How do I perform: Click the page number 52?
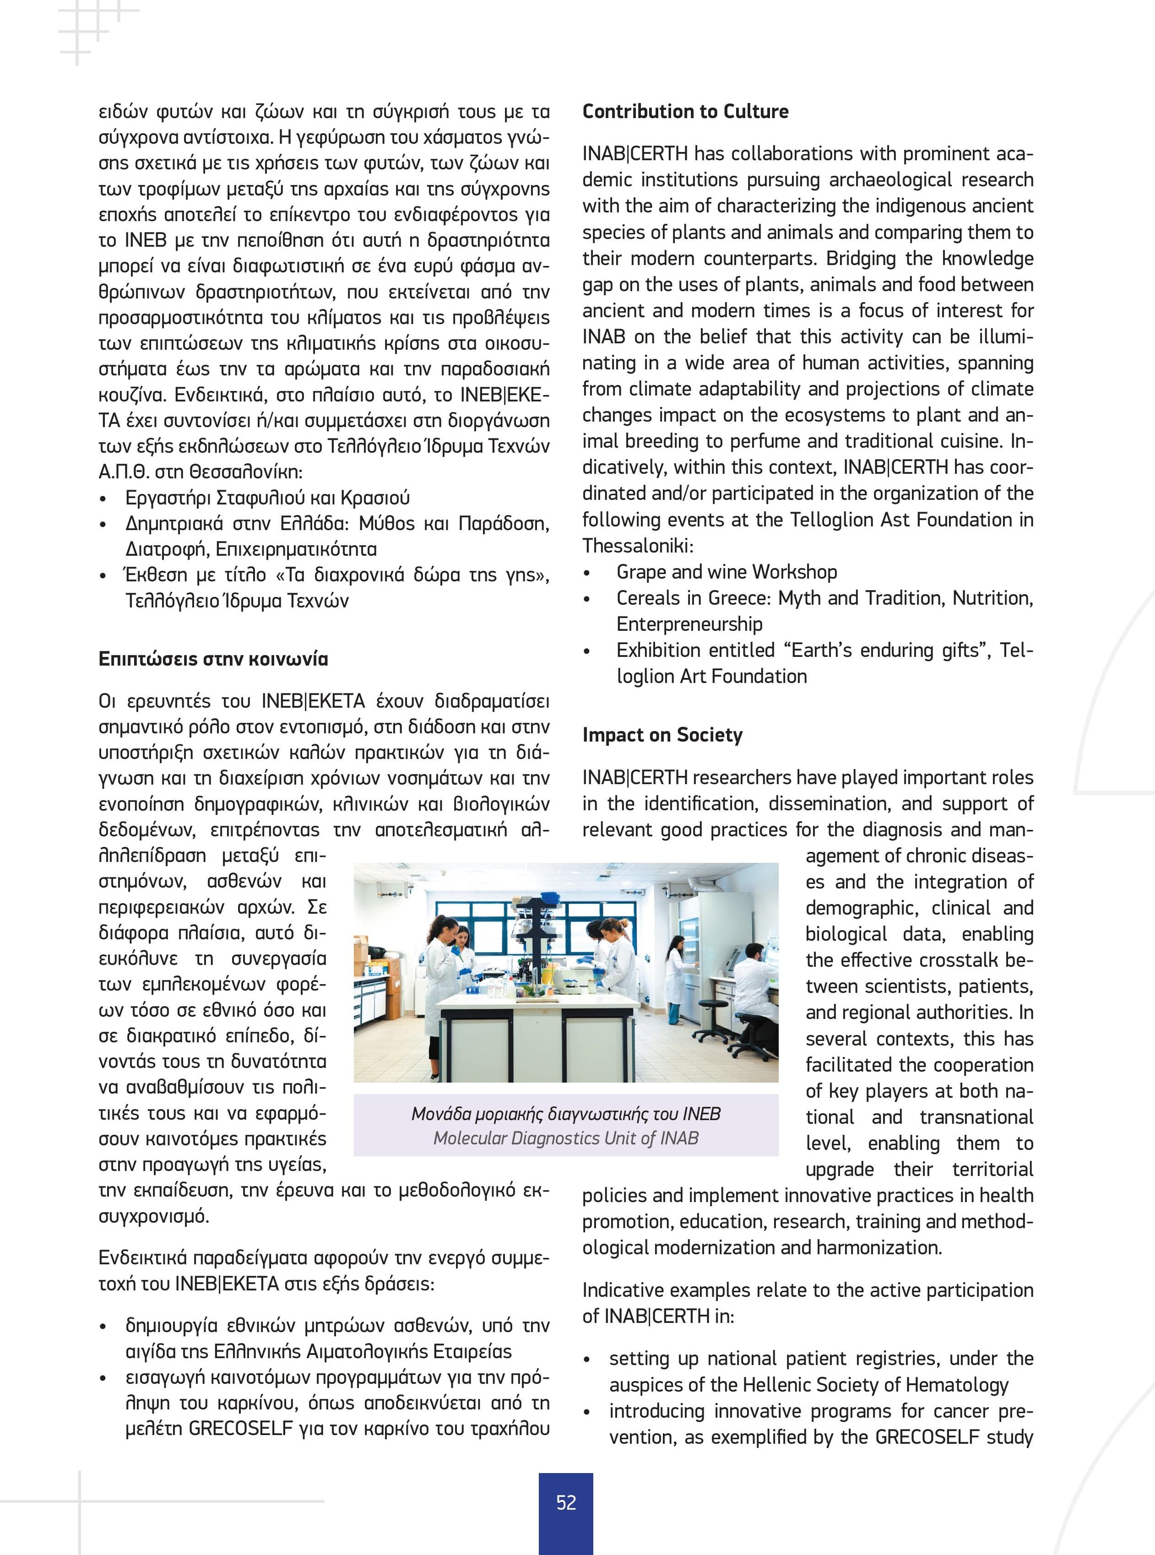[x=566, y=1502]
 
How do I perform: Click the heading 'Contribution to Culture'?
[x=685, y=112]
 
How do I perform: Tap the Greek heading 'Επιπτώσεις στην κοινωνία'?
[x=213, y=659]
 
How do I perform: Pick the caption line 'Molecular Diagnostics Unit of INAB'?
[x=566, y=1138]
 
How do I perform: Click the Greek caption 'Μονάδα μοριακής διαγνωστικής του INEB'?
[x=566, y=1114]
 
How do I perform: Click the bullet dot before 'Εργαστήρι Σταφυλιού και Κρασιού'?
[x=103, y=499]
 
